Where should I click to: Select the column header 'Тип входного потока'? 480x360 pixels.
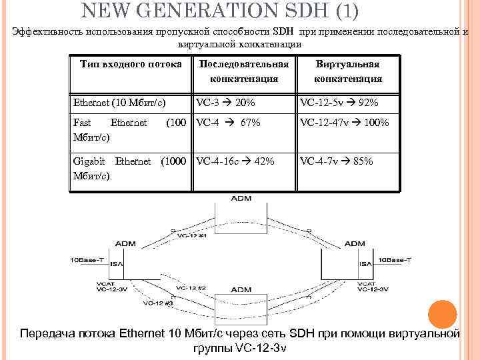pyautogui.click(x=130, y=64)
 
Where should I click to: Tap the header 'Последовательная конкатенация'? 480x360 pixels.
pyautogui.click(x=243, y=71)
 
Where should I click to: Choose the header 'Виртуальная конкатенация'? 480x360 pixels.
pyautogui.click(x=348, y=71)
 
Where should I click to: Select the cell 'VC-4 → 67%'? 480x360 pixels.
pyautogui.click(x=227, y=123)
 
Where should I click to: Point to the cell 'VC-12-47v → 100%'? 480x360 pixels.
pyautogui.click(x=344, y=123)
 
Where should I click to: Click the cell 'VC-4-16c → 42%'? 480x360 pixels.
pyautogui.click(x=234, y=161)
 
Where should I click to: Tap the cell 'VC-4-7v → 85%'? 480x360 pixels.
pyautogui.click(x=336, y=161)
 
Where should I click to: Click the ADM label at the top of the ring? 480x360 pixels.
pyautogui.click(x=241, y=199)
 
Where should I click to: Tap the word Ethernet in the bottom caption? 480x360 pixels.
pyautogui.click(x=155, y=333)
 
